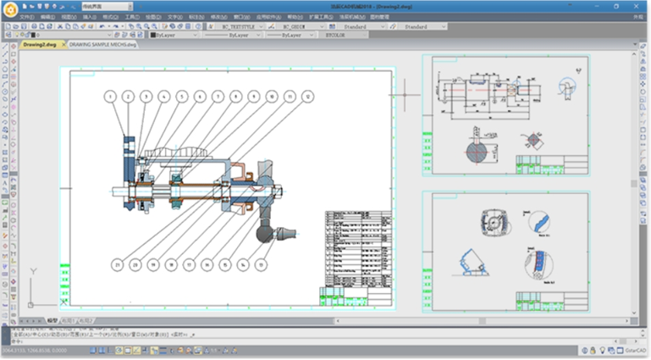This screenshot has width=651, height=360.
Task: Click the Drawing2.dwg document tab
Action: (40, 44)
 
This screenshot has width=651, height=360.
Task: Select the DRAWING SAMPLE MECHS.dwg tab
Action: (102, 44)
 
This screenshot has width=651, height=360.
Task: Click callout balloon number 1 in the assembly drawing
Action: (110, 97)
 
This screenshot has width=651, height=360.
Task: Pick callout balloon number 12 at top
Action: (306, 97)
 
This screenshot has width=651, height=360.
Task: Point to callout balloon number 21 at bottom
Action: (116, 264)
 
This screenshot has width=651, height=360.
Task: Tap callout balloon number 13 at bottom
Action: (262, 264)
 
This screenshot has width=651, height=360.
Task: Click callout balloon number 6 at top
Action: (199, 97)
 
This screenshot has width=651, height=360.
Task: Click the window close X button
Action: (640, 7)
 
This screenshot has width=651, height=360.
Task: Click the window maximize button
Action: (625, 7)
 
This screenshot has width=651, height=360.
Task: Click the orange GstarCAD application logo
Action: (11, 11)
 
